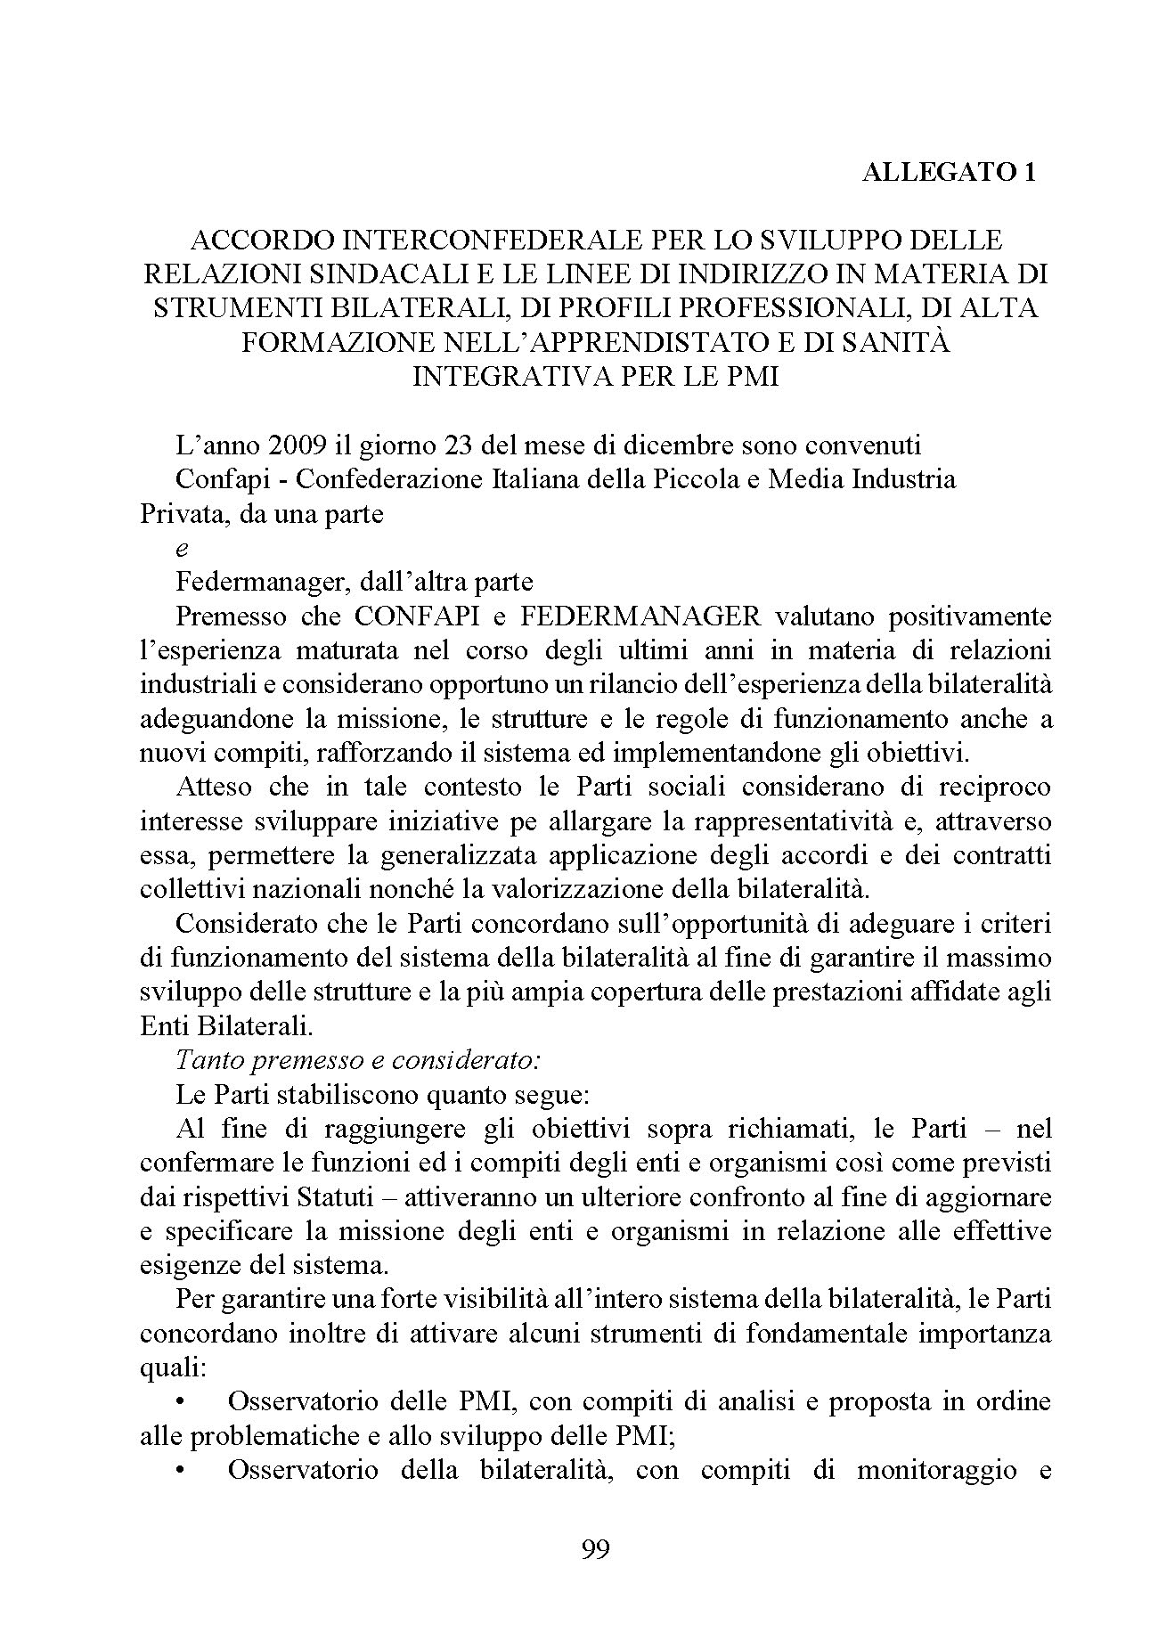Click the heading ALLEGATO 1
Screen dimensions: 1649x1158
click(x=948, y=173)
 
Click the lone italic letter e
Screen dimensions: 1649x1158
click(x=183, y=549)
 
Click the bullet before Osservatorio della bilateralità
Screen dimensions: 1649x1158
click(x=182, y=1470)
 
